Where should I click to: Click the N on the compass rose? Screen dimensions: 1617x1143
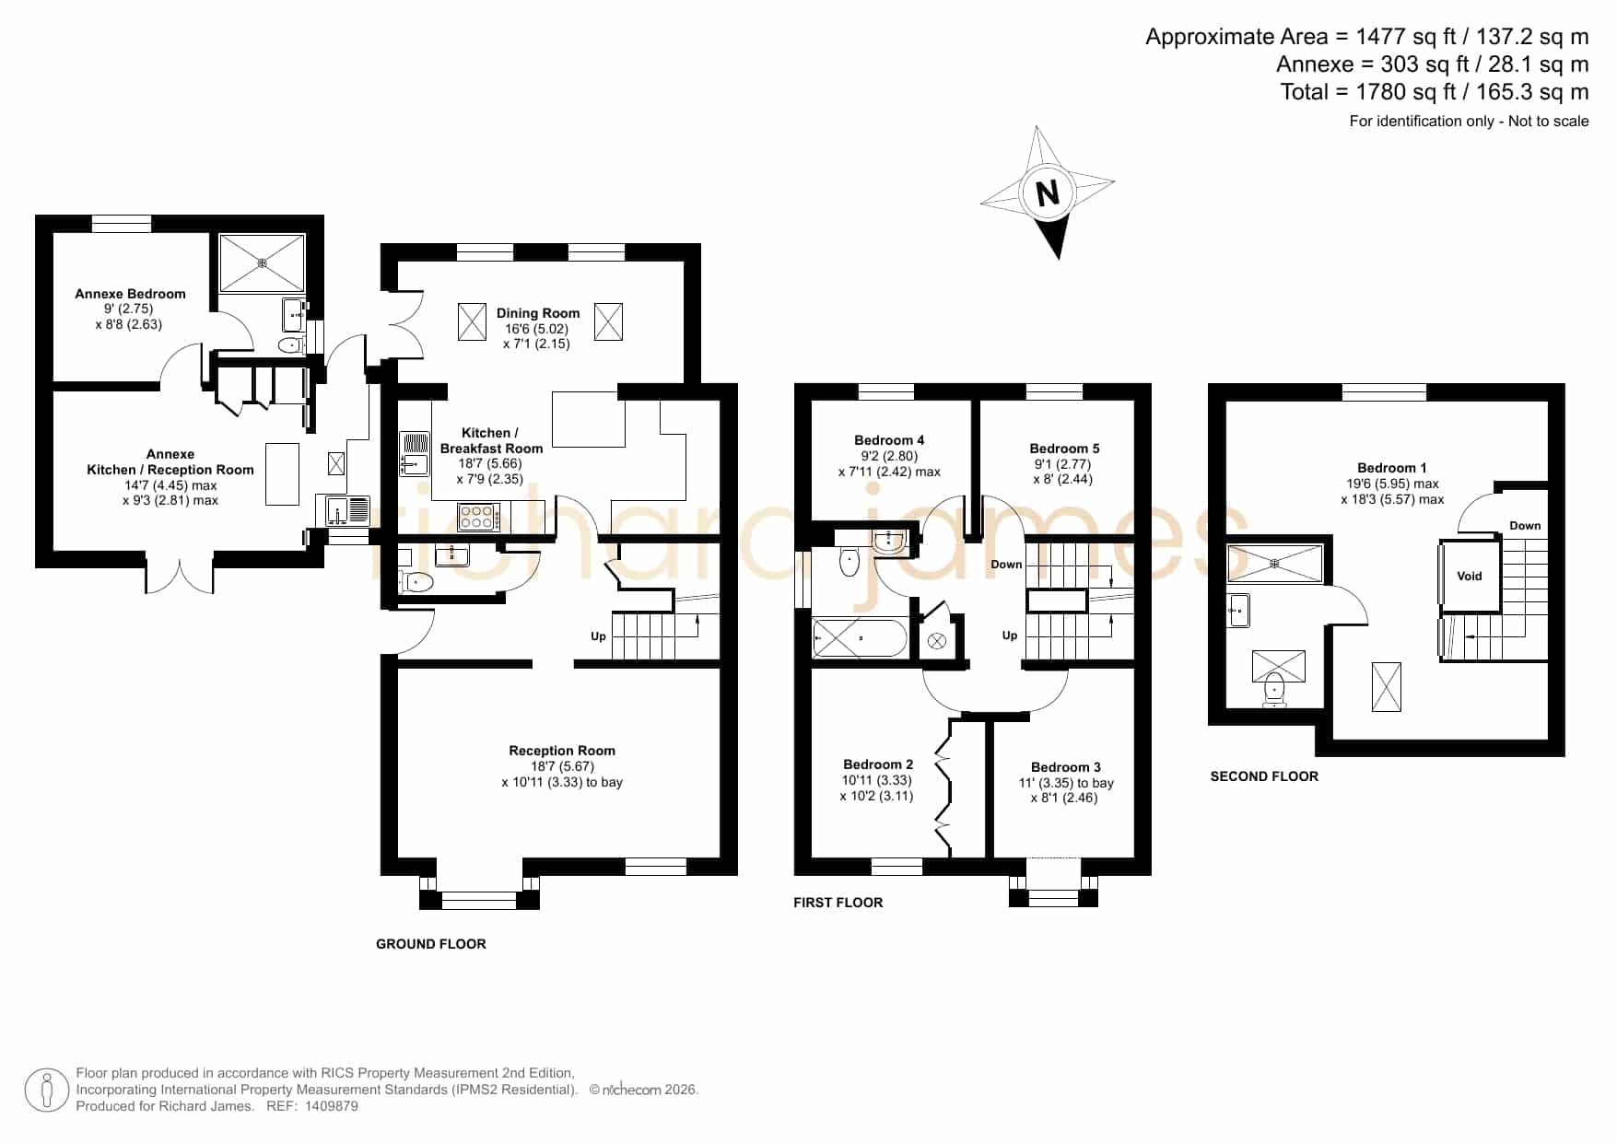(x=1048, y=194)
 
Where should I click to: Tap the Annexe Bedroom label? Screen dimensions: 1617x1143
(x=130, y=294)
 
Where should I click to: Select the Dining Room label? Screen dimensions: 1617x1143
(x=538, y=313)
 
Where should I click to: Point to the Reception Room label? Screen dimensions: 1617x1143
(x=562, y=751)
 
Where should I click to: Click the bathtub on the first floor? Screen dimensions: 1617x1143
(x=859, y=638)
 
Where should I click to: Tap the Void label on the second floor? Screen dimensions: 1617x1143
(x=1470, y=576)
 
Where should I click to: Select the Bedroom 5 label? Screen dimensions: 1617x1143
(x=1064, y=449)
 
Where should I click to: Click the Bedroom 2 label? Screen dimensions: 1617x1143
(x=878, y=764)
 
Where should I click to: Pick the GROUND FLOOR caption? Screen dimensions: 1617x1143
(x=431, y=944)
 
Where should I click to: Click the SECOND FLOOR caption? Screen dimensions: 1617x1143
(x=1264, y=776)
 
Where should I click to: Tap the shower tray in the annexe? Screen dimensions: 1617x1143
(x=262, y=262)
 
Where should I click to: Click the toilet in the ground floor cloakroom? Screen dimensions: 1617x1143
(x=416, y=581)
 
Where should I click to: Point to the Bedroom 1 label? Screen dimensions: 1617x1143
(x=1391, y=468)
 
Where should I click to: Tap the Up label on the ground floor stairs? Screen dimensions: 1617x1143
(x=598, y=636)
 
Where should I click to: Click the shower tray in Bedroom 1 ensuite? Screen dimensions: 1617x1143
(x=1275, y=563)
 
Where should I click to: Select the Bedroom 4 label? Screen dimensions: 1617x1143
(x=889, y=440)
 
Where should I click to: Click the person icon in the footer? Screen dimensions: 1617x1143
(x=46, y=1091)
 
